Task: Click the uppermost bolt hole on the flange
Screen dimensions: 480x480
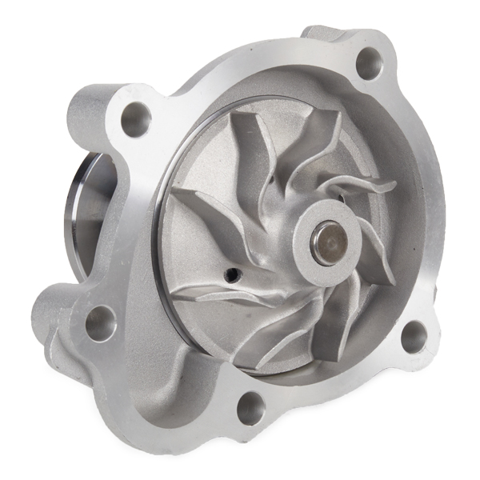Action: (367, 62)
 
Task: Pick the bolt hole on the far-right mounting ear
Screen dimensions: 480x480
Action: (414, 338)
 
